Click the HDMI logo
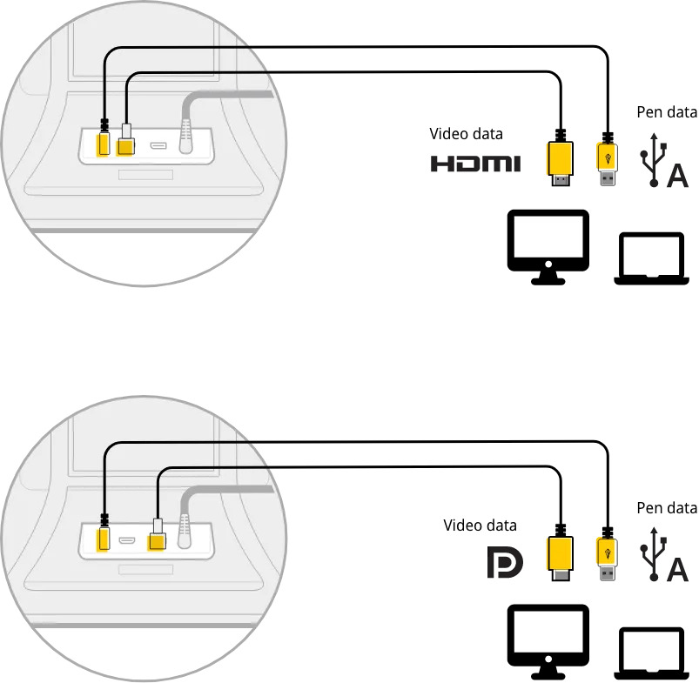click(475, 163)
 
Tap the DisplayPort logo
click(505, 564)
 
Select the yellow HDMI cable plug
click(560, 161)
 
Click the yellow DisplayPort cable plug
click(560, 556)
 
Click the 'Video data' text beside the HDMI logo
click(467, 134)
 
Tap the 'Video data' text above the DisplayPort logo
click(480, 525)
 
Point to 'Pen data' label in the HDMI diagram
click(667, 112)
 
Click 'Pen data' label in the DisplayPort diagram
click(667, 508)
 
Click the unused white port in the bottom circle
click(127, 541)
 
